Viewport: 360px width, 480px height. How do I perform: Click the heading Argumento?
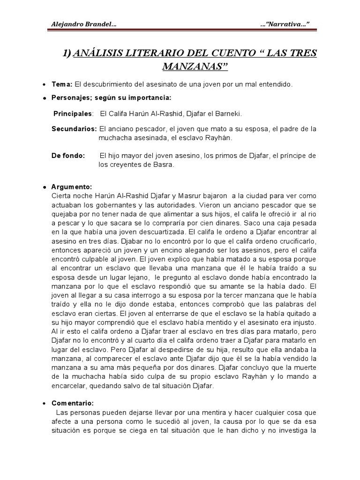click(x=72, y=187)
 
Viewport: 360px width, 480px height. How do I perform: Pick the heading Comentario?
click(x=73, y=404)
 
